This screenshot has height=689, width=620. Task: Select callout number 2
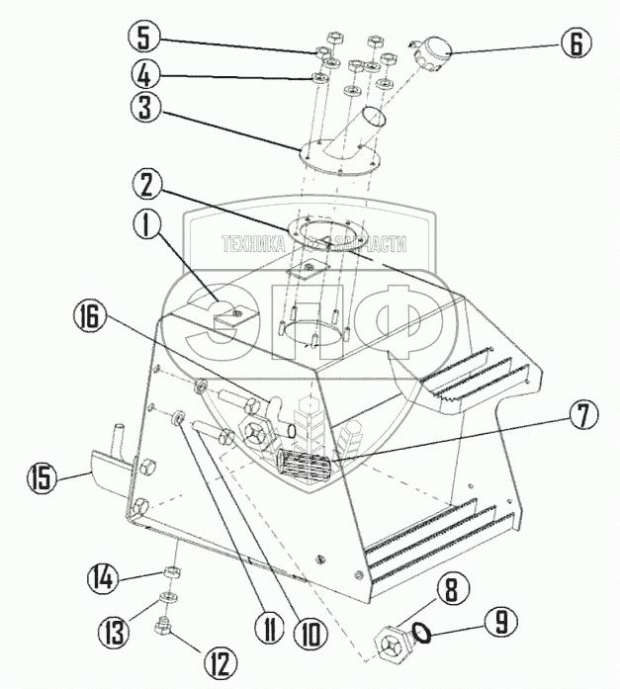tap(145, 185)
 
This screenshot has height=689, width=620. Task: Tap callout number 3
tap(145, 108)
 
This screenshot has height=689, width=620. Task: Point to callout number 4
tap(145, 74)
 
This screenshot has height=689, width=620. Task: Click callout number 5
tap(145, 41)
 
